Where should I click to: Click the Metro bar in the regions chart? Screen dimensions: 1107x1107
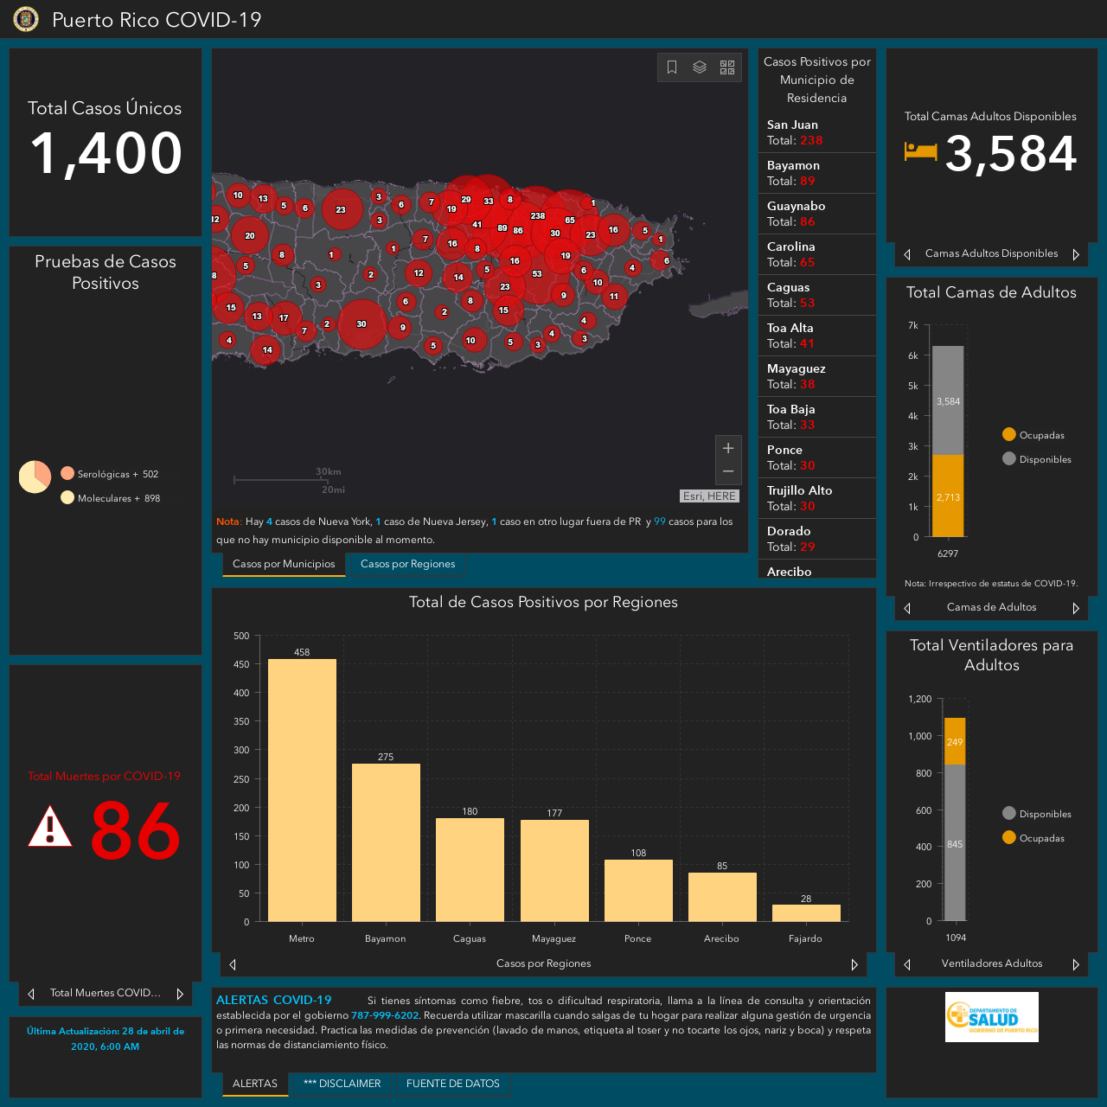point(302,790)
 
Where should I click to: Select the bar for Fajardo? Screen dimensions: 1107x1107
point(806,912)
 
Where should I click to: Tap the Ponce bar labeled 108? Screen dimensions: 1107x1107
point(638,891)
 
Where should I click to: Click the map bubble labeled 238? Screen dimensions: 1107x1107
point(537,216)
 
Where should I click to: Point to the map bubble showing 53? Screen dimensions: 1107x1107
point(537,274)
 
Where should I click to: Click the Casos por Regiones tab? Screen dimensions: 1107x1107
point(408,564)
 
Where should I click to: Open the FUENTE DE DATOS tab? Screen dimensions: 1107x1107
point(452,1084)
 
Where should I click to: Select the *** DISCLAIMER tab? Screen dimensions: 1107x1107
point(342,1084)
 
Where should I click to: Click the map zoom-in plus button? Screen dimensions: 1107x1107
point(728,448)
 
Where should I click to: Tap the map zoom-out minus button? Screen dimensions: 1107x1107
point(728,471)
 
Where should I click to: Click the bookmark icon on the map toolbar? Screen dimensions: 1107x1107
point(672,67)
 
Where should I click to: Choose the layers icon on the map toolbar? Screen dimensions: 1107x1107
point(699,67)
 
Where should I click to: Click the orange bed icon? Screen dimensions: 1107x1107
point(920,152)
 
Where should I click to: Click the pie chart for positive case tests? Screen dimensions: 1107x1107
point(35,477)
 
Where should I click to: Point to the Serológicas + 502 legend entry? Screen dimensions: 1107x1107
point(109,474)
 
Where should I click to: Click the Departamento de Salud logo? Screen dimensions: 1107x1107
point(991,1017)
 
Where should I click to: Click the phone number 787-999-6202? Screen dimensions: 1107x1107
point(384,1015)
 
